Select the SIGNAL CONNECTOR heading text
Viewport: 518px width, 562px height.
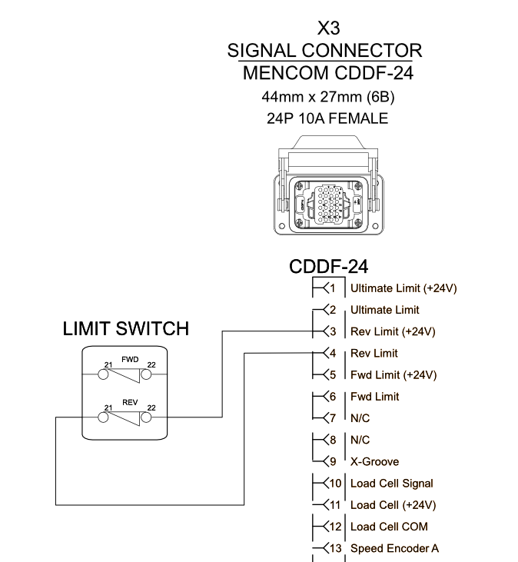click(324, 52)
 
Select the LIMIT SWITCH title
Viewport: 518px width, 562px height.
click(125, 329)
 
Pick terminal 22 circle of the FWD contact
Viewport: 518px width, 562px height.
click(147, 375)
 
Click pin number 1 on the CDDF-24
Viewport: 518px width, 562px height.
click(332, 288)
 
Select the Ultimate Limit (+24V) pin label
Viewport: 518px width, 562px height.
click(403, 288)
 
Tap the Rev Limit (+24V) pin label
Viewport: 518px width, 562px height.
click(393, 331)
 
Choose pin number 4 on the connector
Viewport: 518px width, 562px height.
click(332, 354)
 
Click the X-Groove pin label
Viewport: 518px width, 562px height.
click(374, 462)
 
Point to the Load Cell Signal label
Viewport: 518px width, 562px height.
click(391, 484)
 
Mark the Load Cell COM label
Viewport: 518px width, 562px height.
click(389, 527)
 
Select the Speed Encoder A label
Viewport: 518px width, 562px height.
click(394, 548)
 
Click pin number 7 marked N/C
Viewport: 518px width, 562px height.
click(332, 418)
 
